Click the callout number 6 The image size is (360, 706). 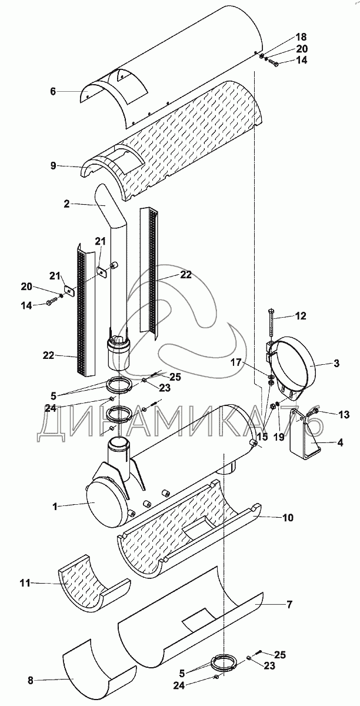click(52, 91)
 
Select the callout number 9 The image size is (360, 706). click(54, 165)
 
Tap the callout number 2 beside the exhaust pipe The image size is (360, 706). click(66, 204)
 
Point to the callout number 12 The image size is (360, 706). click(301, 316)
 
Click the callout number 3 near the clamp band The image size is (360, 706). click(336, 364)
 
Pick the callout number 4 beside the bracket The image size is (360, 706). click(340, 442)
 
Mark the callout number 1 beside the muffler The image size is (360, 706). click(55, 507)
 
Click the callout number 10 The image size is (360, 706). click(288, 518)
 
